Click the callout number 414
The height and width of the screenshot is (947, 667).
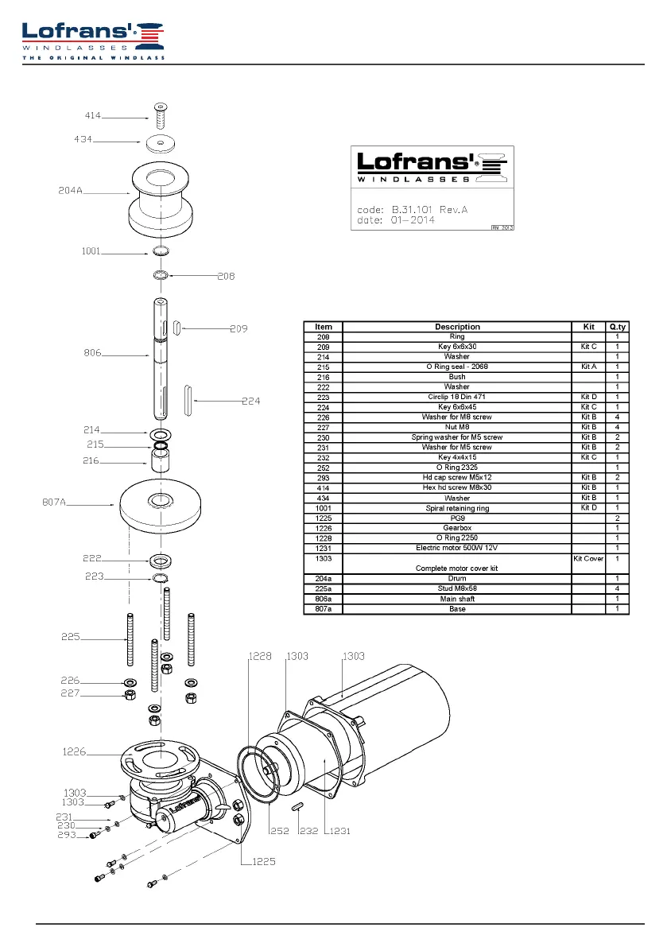coord(93,115)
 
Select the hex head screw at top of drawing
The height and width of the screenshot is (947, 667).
coord(161,116)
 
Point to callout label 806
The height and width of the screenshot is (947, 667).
coord(92,353)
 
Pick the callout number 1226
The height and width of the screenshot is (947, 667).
coord(74,752)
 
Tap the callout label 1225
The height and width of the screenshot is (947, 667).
coord(264,862)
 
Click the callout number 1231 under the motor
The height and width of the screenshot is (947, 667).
coord(339,831)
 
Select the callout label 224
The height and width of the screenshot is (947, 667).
coord(251,401)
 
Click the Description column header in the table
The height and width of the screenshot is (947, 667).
coord(458,327)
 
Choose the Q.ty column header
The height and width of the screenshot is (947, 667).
coord(618,327)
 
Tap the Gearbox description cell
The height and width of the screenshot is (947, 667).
coord(458,528)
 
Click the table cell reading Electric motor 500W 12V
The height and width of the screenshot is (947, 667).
coord(457,548)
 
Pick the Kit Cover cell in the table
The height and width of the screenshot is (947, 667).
coord(588,559)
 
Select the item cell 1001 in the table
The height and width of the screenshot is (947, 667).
coord(324,509)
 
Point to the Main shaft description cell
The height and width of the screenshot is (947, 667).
coord(458,599)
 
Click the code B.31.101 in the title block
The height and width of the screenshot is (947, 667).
coord(413,210)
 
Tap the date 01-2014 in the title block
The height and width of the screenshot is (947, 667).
coord(413,219)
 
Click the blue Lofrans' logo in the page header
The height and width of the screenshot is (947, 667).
coord(93,41)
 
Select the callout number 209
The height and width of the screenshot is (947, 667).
coord(239,328)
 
